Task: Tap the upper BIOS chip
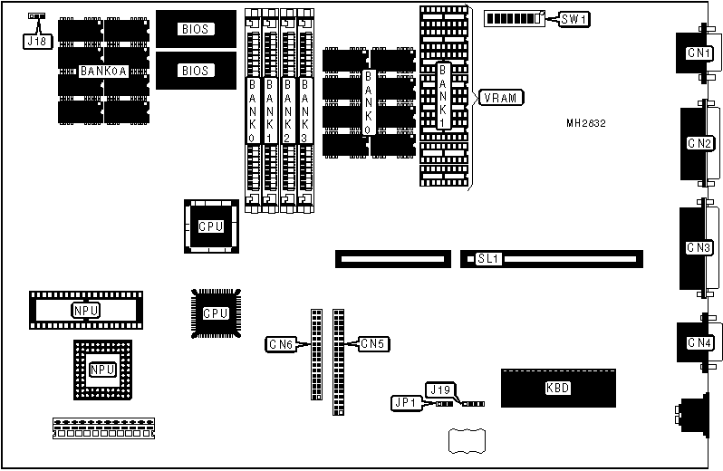coord(195,29)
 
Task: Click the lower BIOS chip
coord(195,70)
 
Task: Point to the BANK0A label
coord(101,70)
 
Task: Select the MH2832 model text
coord(586,123)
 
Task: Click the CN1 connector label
coord(699,53)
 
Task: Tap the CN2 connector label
coord(699,142)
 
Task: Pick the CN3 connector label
coord(699,246)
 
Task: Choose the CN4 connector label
coord(699,342)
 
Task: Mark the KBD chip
coord(558,389)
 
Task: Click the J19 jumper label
coord(440,389)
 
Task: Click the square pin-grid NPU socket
coord(102,370)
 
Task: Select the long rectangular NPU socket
coord(86,311)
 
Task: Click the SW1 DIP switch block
coord(515,18)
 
